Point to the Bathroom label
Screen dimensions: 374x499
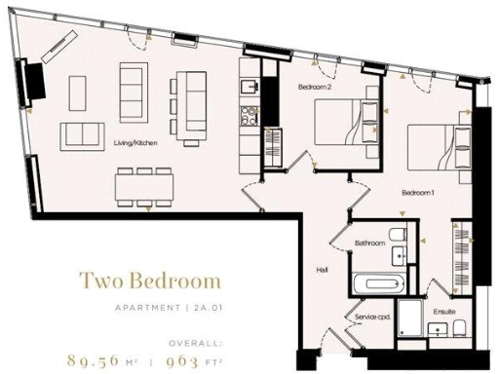click(x=369, y=243)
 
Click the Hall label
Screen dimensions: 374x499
click(x=322, y=269)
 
